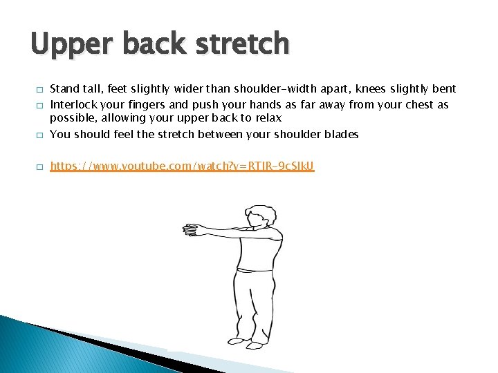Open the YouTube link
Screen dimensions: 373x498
[183, 166]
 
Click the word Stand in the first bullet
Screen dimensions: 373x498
[65, 88]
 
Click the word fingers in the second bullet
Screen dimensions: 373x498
[147, 105]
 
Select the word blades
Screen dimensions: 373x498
[341, 135]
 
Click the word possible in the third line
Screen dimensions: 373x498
[71, 118]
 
